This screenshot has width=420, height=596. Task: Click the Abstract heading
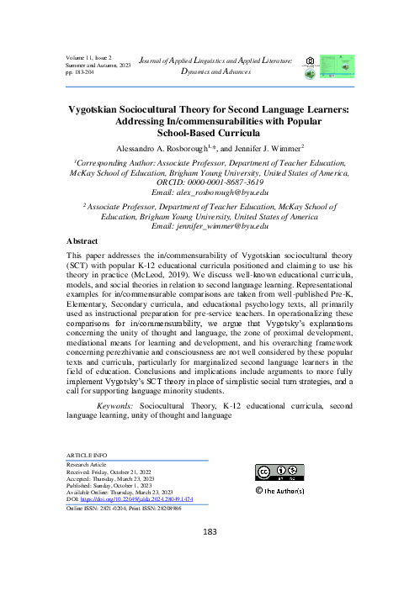click(x=87, y=240)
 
